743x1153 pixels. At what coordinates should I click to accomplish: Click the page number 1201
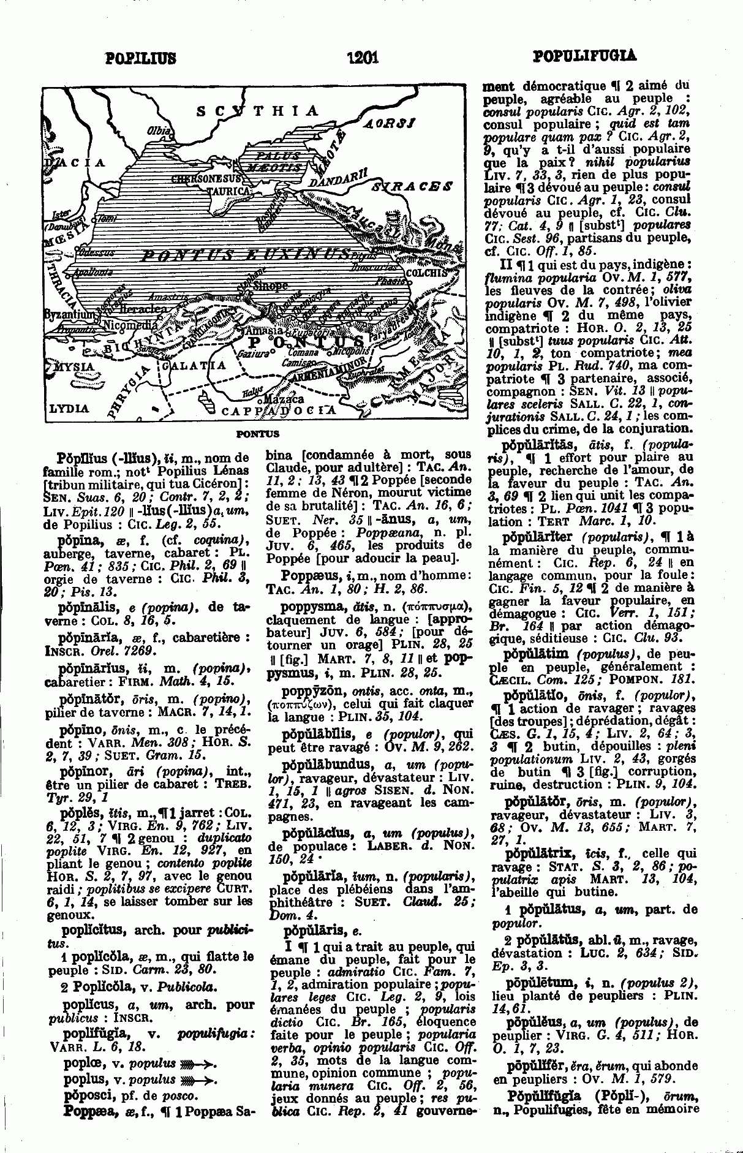[x=363, y=58]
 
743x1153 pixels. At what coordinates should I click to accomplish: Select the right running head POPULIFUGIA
[x=585, y=57]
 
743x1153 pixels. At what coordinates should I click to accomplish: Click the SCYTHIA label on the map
[x=257, y=111]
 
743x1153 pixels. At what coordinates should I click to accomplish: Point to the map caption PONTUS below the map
[x=257, y=434]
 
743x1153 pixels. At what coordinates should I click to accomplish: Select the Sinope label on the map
[x=270, y=285]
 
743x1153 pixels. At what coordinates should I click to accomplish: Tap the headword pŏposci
[x=88, y=1095]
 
